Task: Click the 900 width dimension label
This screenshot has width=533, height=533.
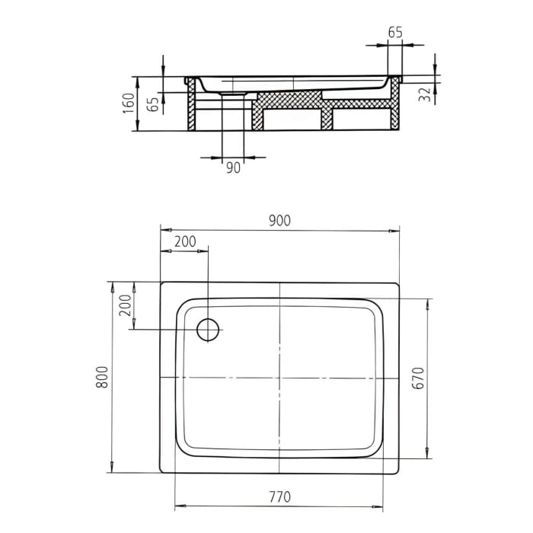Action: coord(279,220)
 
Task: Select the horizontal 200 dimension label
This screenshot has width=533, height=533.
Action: coord(184,241)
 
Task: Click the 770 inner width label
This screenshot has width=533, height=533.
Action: coord(279,496)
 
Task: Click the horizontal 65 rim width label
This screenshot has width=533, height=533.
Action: coord(394,33)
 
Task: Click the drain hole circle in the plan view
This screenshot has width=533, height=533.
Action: coord(208,330)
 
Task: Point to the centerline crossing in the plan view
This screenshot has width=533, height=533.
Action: coord(279,378)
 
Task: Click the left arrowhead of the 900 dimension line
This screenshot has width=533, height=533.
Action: coord(164,230)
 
